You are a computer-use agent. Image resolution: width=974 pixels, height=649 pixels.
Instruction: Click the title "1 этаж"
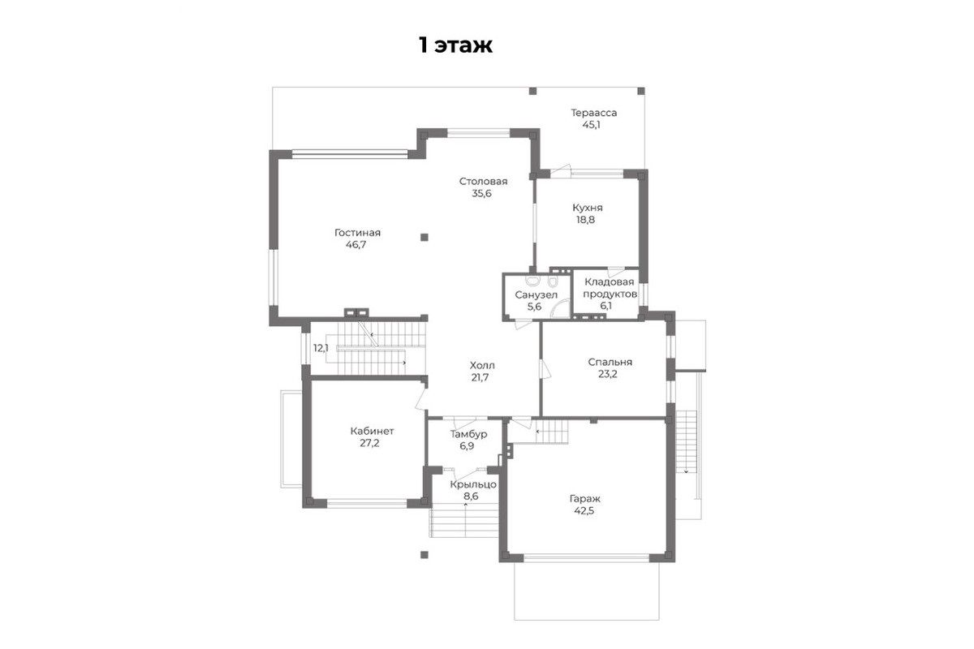click(x=455, y=45)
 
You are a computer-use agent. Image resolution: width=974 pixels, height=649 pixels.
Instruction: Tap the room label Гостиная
click(x=357, y=233)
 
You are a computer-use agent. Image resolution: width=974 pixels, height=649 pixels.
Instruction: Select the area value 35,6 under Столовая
click(x=482, y=193)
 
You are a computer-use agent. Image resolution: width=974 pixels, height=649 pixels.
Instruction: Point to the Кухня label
click(x=588, y=208)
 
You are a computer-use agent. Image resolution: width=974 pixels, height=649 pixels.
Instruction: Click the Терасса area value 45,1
click(x=592, y=125)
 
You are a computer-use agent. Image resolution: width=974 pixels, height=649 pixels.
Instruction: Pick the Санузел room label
click(x=537, y=295)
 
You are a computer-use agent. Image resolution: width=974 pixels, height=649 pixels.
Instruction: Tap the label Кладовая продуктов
click(x=610, y=288)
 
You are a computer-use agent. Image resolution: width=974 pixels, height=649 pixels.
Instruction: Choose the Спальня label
click(x=610, y=362)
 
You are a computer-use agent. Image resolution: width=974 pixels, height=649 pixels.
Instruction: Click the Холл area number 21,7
click(x=480, y=377)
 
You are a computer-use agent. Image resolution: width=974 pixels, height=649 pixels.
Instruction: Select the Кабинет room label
click(x=373, y=432)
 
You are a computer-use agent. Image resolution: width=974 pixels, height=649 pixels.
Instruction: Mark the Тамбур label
click(x=468, y=434)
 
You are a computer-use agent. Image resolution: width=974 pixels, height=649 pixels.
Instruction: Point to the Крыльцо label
click(x=473, y=484)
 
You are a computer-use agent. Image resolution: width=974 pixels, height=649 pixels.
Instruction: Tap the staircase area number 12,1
click(x=321, y=348)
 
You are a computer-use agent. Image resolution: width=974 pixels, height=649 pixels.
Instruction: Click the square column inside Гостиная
click(x=425, y=238)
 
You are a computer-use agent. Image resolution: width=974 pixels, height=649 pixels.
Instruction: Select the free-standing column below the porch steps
click(x=425, y=555)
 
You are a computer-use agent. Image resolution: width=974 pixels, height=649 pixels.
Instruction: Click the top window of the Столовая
click(x=479, y=133)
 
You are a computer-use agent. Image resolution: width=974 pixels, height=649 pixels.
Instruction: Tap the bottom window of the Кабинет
click(x=367, y=503)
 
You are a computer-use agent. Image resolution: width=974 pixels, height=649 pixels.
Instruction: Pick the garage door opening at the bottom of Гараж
click(x=586, y=557)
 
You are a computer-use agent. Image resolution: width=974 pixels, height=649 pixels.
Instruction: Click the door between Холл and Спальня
click(x=544, y=369)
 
